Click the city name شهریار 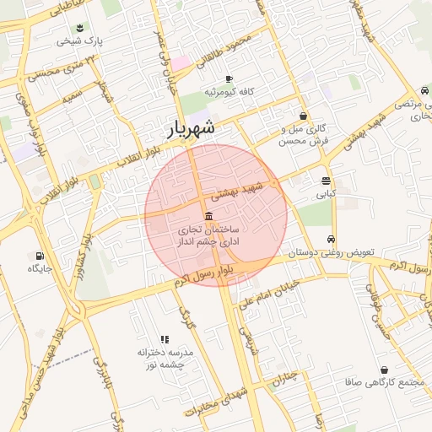point(186,128)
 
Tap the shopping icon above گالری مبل point(303,116)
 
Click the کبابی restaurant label point(326,193)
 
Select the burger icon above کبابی point(326,181)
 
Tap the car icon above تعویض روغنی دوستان point(332,239)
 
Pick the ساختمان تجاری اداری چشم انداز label point(208,235)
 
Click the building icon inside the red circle point(208,216)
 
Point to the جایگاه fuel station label point(40,268)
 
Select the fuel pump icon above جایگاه point(40,256)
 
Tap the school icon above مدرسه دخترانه point(165,338)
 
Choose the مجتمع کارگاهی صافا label point(383,382)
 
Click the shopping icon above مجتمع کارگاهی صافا point(384,370)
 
